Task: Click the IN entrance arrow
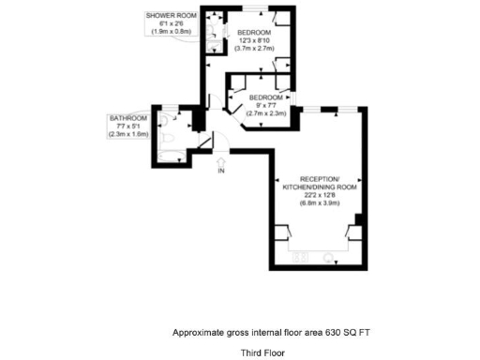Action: [x=221, y=161]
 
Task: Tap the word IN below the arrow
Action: [x=221, y=172]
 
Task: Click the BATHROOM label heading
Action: [x=128, y=118]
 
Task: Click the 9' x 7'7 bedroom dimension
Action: [x=264, y=105]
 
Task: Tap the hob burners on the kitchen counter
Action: [x=304, y=255]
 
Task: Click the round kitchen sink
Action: [x=329, y=255]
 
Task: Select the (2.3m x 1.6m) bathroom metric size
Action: [x=128, y=134]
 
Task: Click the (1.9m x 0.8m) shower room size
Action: [x=171, y=31]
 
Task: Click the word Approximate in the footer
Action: [x=199, y=332]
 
